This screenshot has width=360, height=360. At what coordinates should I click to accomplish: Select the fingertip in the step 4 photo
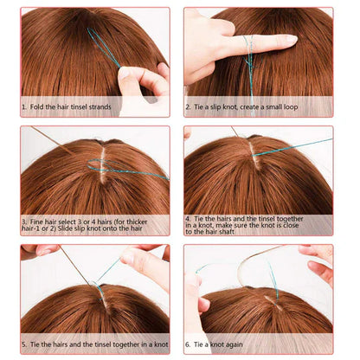point(187,135)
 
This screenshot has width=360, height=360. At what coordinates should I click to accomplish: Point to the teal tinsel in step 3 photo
point(130,170)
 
